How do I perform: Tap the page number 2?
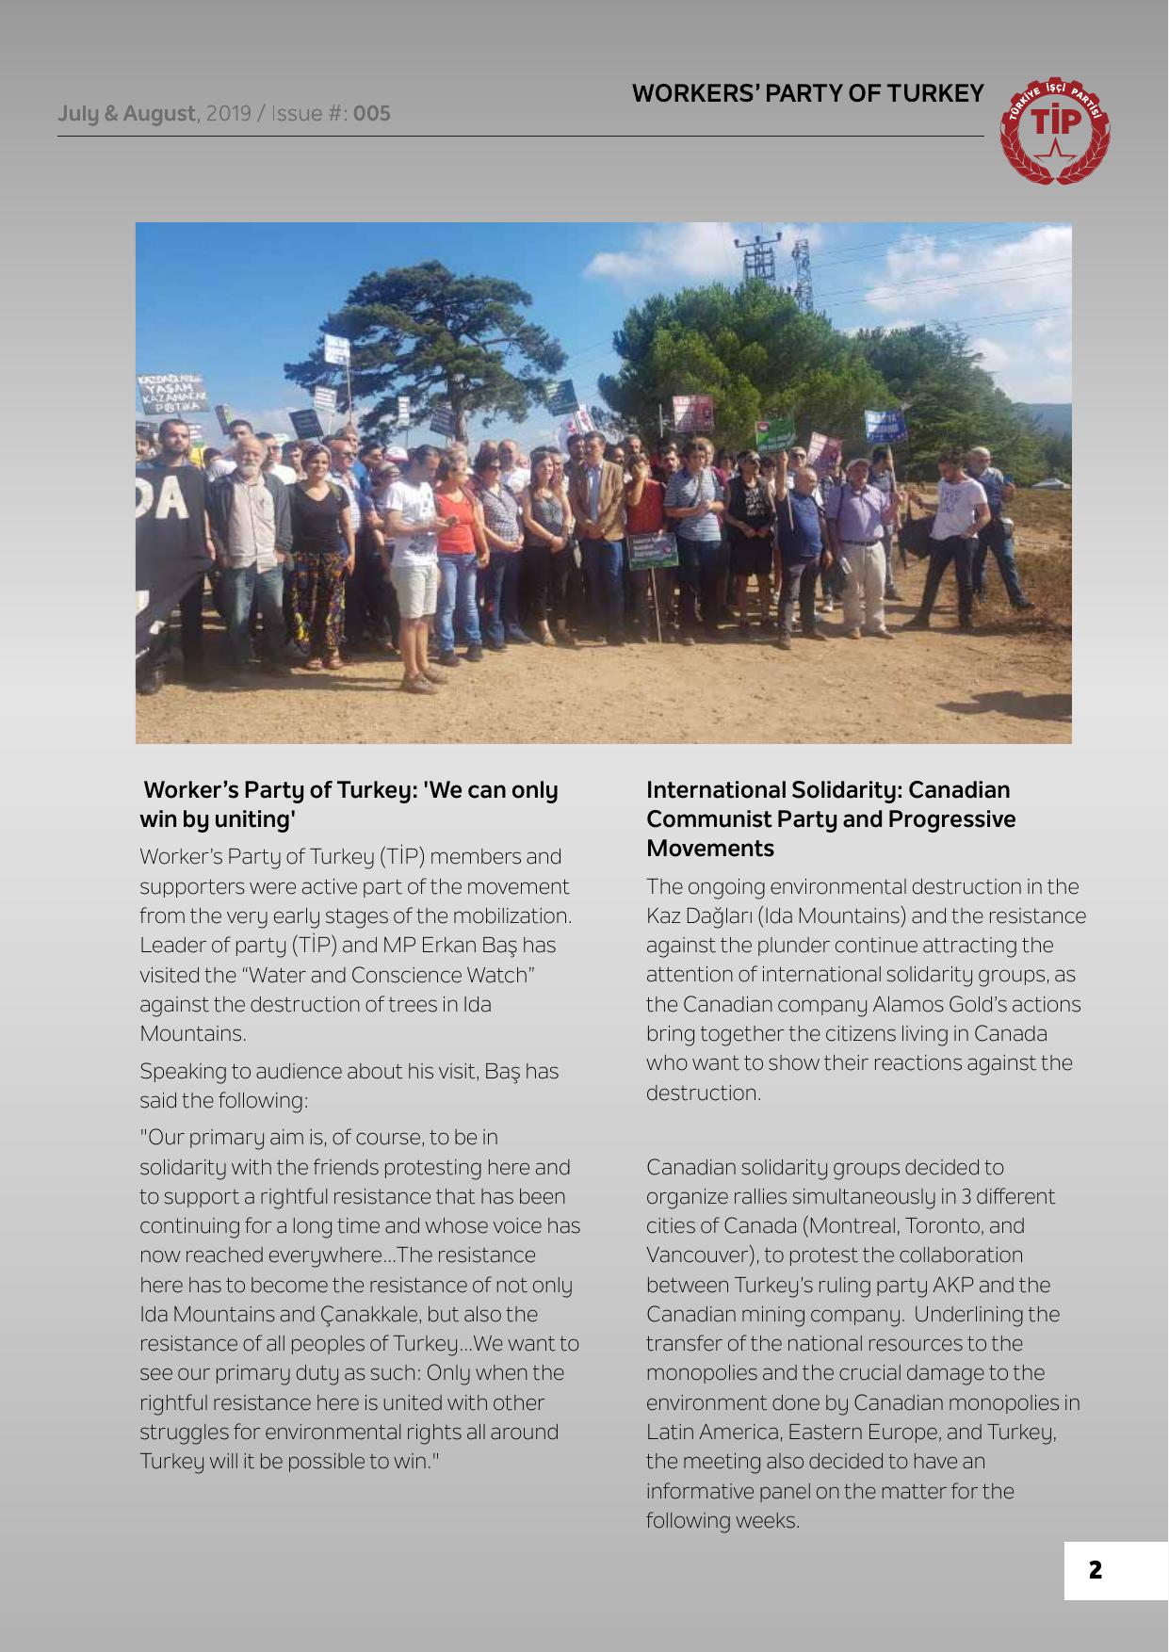click(x=1095, y=1570)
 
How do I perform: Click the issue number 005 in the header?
click(x=372, y=114)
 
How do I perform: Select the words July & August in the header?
click(x=126, y=114)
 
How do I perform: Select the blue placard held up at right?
click(x=885, y=426)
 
